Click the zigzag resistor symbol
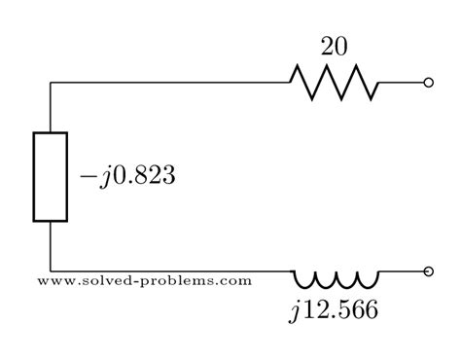click(334, 83)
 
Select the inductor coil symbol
click(337, 280)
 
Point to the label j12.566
click(333, 311)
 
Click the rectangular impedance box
click(51, 176)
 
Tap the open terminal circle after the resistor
click(429, 83)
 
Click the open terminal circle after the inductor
click(429, 271)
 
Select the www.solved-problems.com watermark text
click(145, 281)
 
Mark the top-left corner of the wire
click(51, 83)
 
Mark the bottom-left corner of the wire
click(51, 271)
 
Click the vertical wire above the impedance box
click(51, 107)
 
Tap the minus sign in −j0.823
click(87, 179)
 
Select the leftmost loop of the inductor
click(304, 281)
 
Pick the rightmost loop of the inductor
click(369, 281)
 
